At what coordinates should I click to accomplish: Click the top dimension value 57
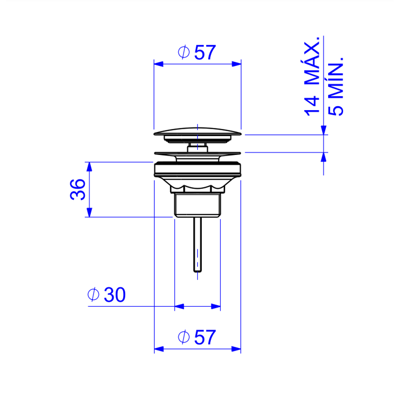tap(205, 52)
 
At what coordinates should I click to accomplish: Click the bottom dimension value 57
tap(205, 337)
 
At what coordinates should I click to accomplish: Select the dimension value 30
tap(115, 295)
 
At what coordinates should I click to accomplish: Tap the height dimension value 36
tap(77, 190)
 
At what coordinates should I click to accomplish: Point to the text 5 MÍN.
tap(335, 87)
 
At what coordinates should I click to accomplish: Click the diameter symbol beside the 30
tap(93, 294)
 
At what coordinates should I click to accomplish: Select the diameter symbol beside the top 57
tap(184, 52)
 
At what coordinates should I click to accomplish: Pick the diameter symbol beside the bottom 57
tap(184, 337)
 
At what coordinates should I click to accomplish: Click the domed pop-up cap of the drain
tap(197, 132)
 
